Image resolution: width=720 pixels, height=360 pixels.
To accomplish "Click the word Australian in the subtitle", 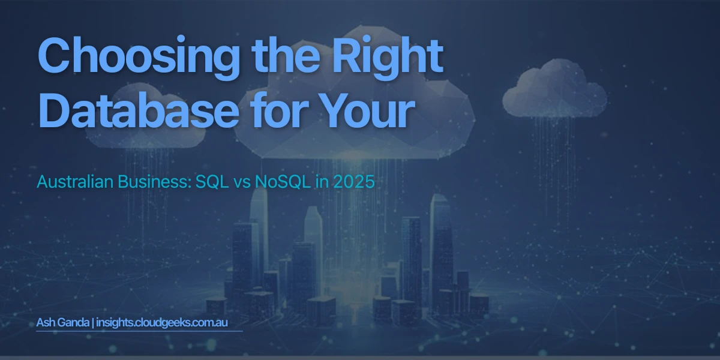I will [x=71, y=182].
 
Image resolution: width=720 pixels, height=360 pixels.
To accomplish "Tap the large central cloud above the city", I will [x=360, y=120].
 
